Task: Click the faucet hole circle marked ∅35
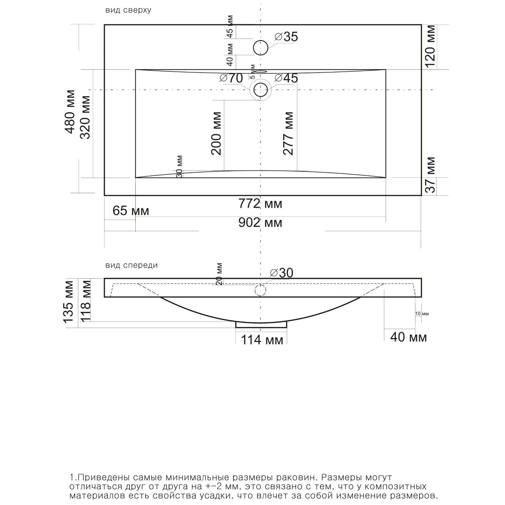(261, 48)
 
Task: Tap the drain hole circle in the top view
(261, 90)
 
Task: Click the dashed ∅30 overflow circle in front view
(260, 290)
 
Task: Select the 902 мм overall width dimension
(260, 223)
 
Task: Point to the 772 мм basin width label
(260, 204)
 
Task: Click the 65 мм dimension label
(131, 211)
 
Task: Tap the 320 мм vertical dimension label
(85, 117)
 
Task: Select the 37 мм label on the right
(430, 175)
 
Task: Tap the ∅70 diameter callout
(231, 78)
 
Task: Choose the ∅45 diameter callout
(286, 78)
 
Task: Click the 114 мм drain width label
(262, 340)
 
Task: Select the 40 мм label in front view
(409, 337)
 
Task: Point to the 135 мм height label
(68, 302)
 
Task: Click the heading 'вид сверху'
(128, 10)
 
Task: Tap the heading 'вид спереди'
(132, 265)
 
